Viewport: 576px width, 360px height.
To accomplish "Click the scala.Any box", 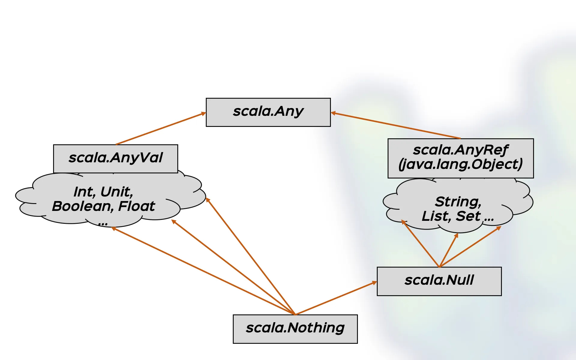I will (x=268, y=112).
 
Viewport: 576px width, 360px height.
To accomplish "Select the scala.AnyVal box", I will (x=115, y=158).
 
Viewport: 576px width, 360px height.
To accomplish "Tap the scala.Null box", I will (x=439, y=281).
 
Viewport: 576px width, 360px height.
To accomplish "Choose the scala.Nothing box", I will (x=295, y=329).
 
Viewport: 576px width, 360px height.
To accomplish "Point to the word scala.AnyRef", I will (x=460, y=150).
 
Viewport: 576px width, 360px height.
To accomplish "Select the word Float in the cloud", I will (x=136, y=206).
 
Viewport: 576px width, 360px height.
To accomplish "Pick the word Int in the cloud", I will (x=84, y=192).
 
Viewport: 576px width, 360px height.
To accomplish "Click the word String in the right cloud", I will (x=458, y=202).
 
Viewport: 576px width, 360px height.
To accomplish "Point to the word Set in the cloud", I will (x=468, y=216).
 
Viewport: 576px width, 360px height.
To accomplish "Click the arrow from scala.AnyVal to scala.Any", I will (x=160, y=129).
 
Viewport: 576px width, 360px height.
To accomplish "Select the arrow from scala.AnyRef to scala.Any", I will (x=396, y=126).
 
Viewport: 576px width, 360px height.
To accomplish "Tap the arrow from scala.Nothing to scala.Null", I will (x=336, y=298).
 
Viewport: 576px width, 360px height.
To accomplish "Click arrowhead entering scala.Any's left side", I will (x=203, y=114).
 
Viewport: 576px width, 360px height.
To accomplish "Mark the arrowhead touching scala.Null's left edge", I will (x=374, y=283).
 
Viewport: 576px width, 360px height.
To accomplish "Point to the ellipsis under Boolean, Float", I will (x=103, y=224).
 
